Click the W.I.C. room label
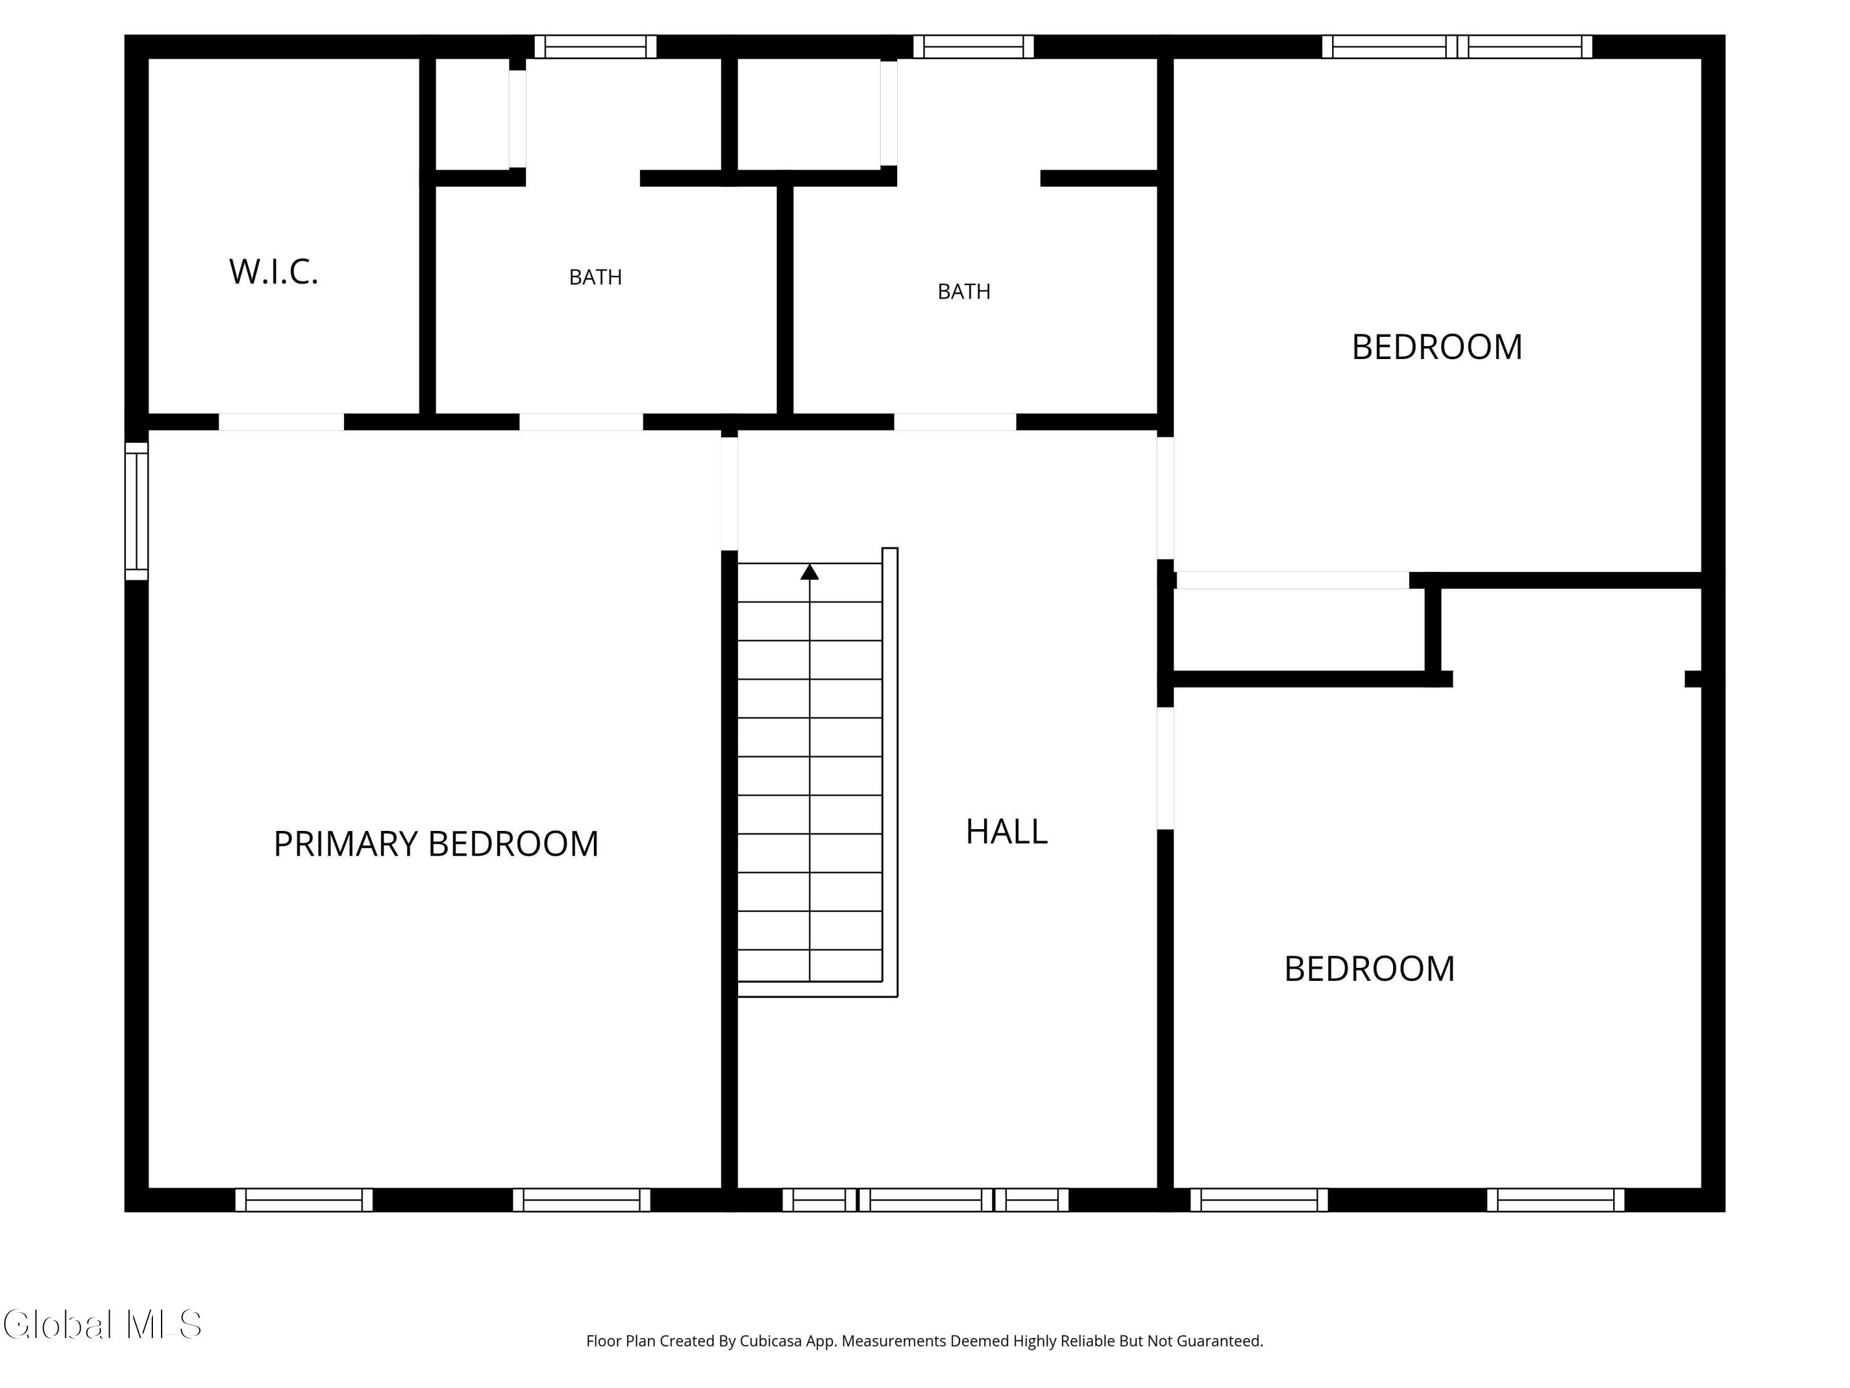pos(274,272)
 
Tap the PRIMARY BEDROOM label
pos(436,843)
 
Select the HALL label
pos(1006,832)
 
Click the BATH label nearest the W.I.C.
pos(596,277)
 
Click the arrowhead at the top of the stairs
pos(810,572)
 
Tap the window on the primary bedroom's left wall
pos(136,510)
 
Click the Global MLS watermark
pos(102,1324)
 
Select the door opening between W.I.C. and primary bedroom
pos(281,423)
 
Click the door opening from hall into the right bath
pos(955,423)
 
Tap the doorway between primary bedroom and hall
pos(730,494)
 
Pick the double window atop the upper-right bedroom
pos(1457,47)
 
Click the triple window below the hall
pos(925,1200)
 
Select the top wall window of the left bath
pos(596,47)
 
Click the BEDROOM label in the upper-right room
pos(1437,347)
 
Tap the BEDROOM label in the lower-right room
pos(1369,969)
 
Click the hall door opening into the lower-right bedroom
pos(1165,768)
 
